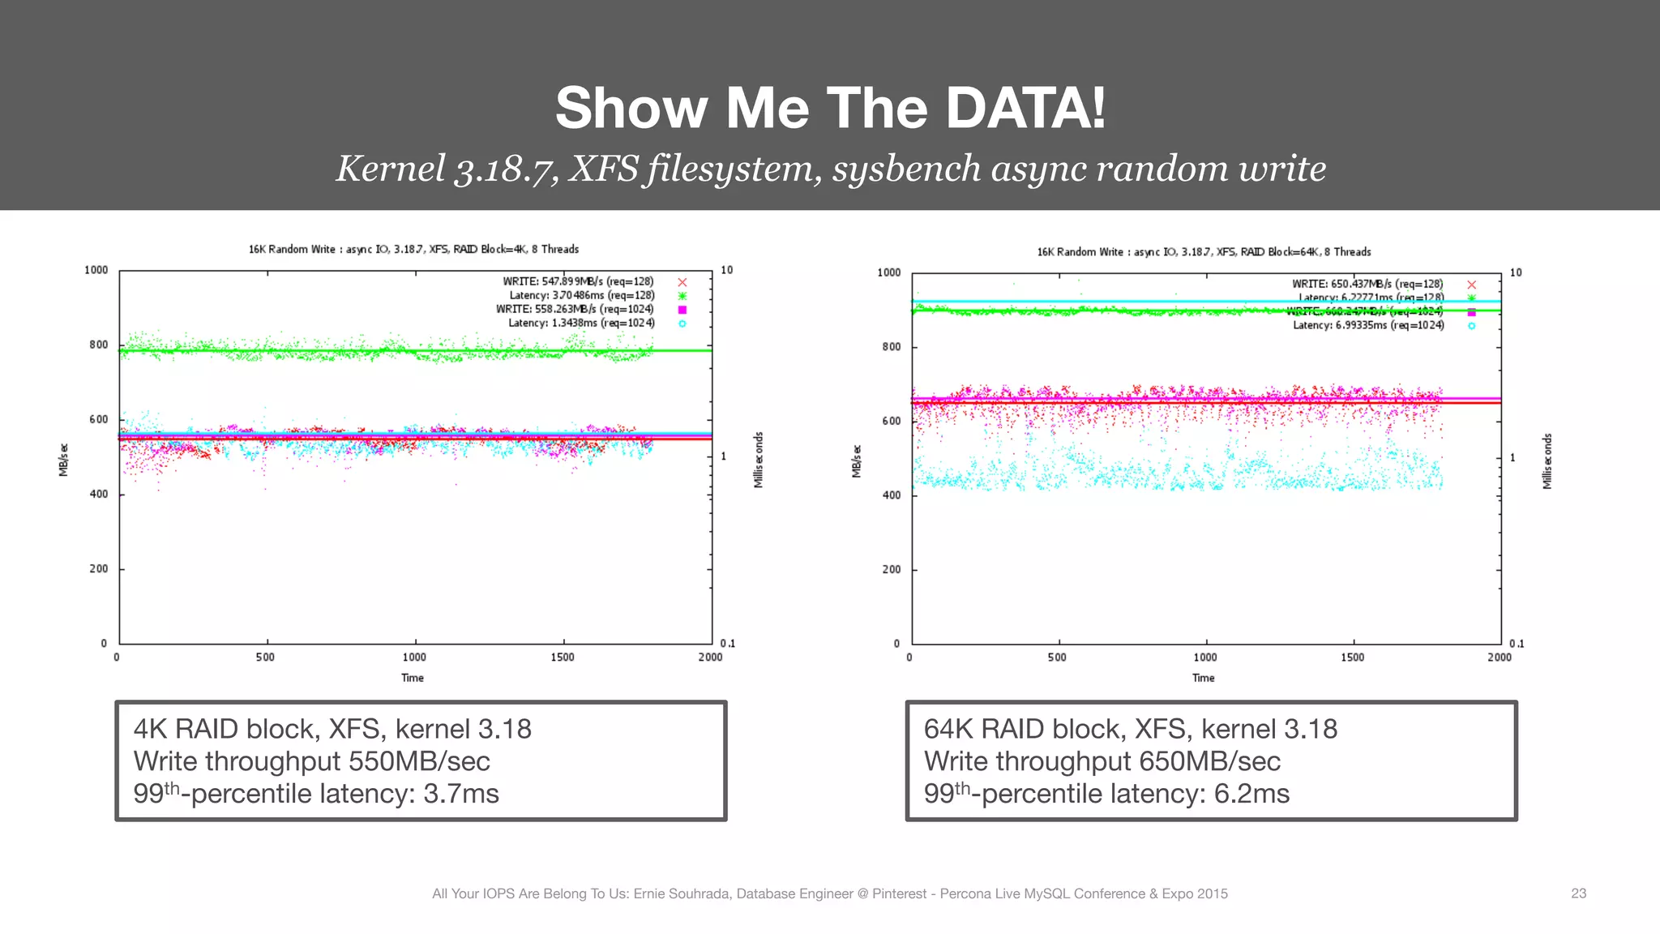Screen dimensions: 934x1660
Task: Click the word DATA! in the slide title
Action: click(x=1025, y=108)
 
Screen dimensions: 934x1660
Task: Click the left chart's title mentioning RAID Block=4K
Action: click(x=413, y=249)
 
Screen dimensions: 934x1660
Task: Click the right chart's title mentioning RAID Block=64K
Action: click(x=1204, y=252)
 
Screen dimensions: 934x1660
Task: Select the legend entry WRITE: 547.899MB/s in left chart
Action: click(x=577, y=281)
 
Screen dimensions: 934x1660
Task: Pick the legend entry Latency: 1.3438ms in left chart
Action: click(x=580, y=323)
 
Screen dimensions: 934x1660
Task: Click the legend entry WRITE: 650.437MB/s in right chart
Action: click(x=1367, y=284)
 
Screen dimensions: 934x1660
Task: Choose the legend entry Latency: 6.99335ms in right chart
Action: click(x=1367, y=325)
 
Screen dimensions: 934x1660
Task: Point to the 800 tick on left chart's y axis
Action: click(x=98, y=345)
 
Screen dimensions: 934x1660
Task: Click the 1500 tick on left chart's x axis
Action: click(x=562, y=658)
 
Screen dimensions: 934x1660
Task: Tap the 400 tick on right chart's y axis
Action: click(x=891, y=495)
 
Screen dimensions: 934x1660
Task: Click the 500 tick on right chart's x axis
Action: click(x=1057, y=658)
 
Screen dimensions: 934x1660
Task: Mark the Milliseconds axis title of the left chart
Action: click(x=759, y=460)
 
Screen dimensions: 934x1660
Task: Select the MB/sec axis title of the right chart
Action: click(x=856, y=461)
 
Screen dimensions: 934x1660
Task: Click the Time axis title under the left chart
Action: click(x=412, y=678)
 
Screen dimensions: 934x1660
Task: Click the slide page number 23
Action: click(x=1578, y=893)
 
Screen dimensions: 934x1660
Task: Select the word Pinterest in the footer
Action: click(x=899, y=893)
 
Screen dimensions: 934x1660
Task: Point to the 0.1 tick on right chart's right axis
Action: click(x=1517, y=644)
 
